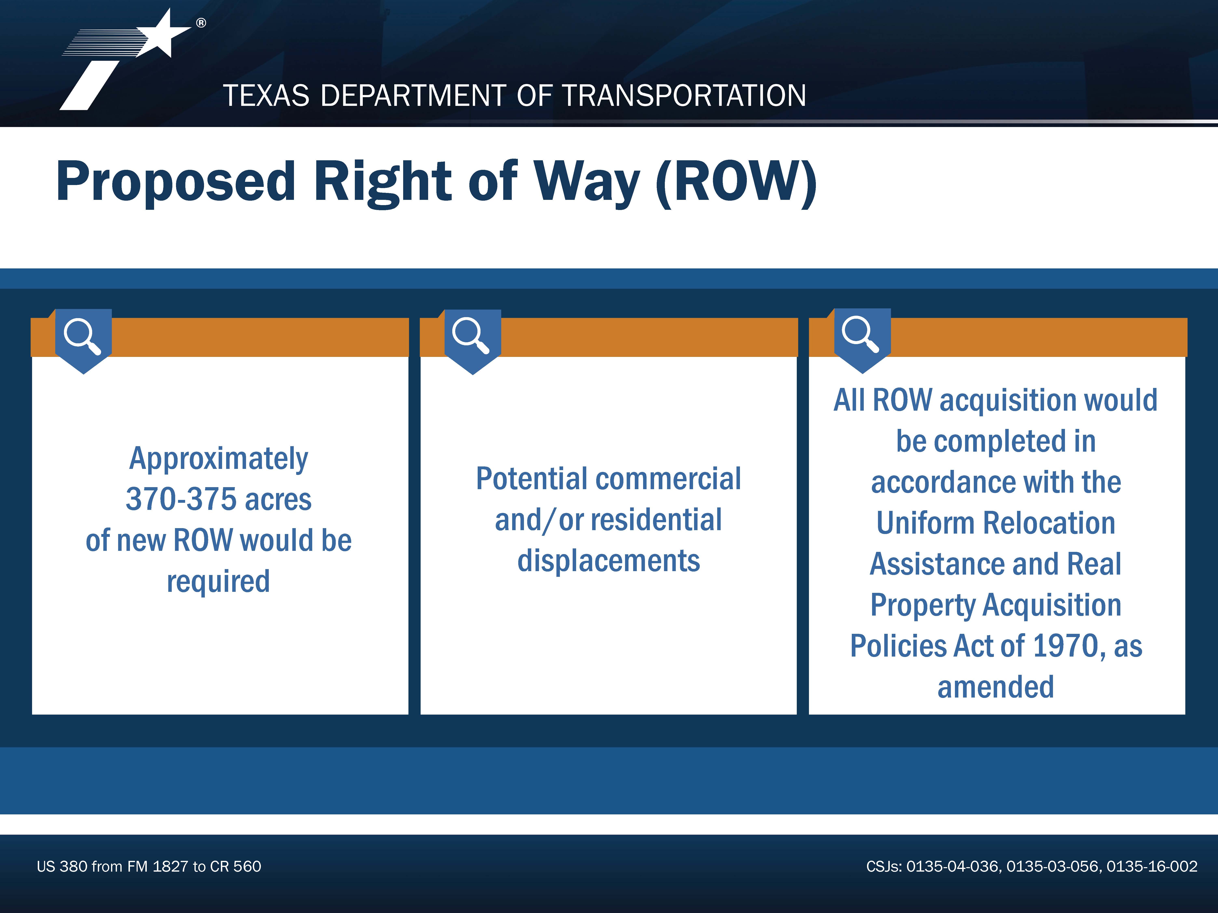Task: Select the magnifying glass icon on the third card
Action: [x=861, y=334]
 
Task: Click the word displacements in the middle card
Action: [x=608, y=561]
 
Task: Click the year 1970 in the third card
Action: [x=1066, y=646]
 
